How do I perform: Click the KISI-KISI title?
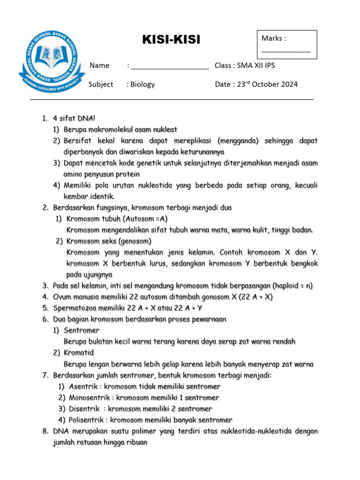(x=171, y=40)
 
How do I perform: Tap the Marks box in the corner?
(x=286, y=44)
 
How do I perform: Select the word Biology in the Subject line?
(x=142, y=84)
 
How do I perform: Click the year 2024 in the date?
(x=286, y=84)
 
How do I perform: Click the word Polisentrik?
(x=87, y=420)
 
